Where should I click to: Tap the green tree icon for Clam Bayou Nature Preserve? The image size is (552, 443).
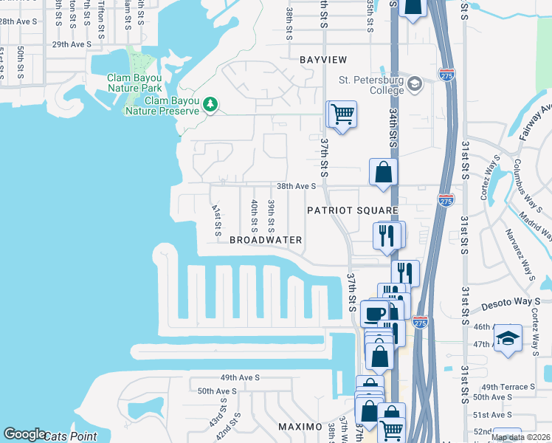pos(210,104)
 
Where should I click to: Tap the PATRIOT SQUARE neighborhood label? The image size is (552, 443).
pos(353,210)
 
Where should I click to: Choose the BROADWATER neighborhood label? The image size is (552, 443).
pos(266,240)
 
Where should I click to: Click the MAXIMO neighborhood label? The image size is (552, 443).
pos(300,427)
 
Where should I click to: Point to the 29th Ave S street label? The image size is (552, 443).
pos(72,44)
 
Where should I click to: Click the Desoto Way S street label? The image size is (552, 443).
pos(512,302)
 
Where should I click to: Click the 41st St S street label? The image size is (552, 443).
pos(217,220)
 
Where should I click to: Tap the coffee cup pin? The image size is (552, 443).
pos(375,312)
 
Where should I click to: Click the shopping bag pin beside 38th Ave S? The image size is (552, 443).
pos(384,173)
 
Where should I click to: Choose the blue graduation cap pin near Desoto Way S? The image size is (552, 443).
pos(508,338)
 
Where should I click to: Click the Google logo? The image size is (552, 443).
pos(24,435)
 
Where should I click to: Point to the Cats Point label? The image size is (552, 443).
pos(72,436)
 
